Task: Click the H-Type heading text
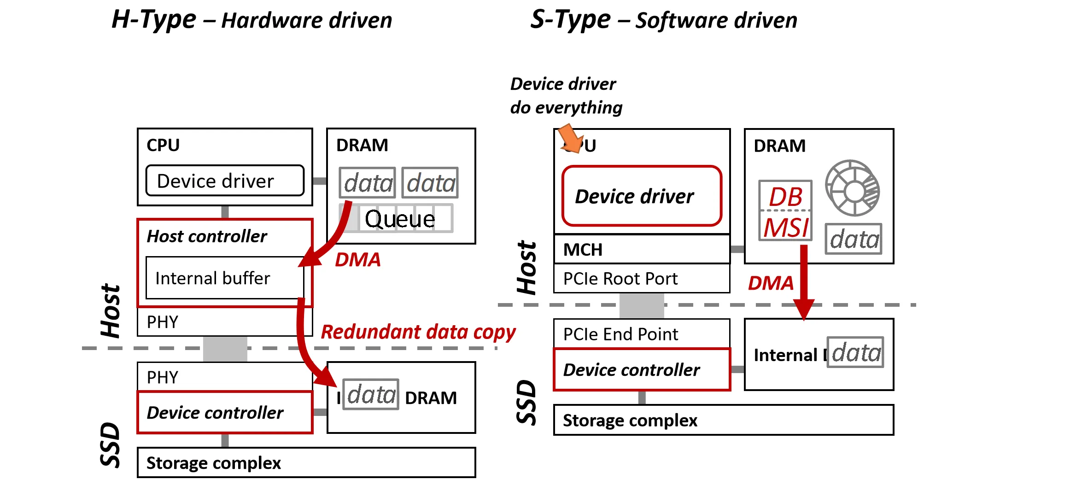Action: coord(251,20)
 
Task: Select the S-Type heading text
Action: coord(663,20)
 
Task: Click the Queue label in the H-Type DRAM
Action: coord(399,219)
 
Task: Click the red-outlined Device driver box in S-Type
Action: coord(641,196)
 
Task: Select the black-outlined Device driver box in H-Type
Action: coord(224,181)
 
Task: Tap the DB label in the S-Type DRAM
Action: coord(785,197)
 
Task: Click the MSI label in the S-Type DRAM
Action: coord(785,228)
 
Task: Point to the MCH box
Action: coord(641,250)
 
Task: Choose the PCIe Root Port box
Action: coord(641,279)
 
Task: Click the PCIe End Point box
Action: coord(641,334)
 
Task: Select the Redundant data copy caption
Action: coord(418,332)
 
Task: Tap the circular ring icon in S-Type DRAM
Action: coord(852,188)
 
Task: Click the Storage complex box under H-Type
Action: coord(306,462)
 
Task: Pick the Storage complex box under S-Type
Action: coord(723,420)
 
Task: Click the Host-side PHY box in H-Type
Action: coord(216,322)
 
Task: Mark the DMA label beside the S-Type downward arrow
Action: coord(771,283)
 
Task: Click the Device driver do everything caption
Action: coord(566,96)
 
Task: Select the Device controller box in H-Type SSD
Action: coord(224,413)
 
